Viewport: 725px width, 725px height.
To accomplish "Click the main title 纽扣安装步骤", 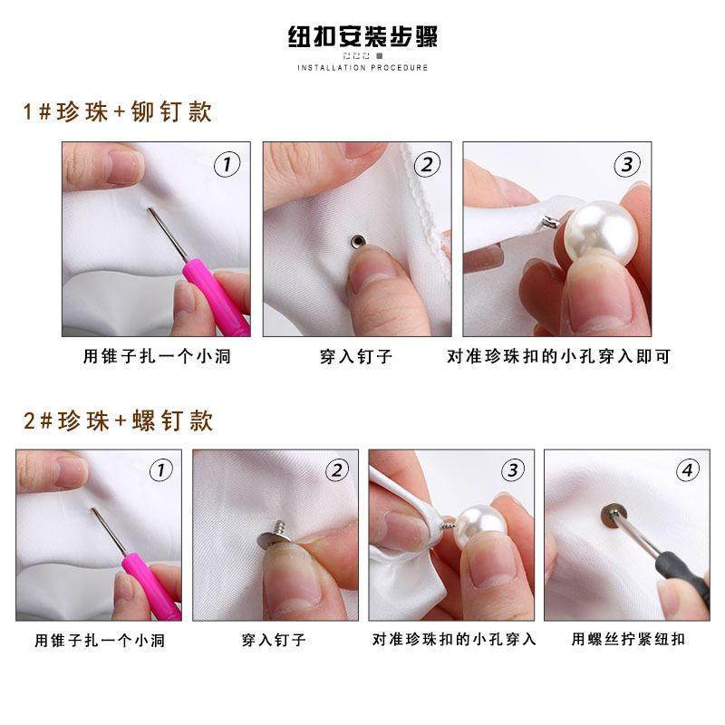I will pos(362,39).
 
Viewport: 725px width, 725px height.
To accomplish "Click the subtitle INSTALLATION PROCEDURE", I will pos(362,68).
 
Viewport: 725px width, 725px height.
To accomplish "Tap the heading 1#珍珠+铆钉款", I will pos(118,112).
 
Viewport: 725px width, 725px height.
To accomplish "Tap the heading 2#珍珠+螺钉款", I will pos(118,421).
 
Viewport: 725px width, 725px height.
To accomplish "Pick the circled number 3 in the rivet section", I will pos(627,164).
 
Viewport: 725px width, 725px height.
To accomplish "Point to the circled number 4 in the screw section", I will pos(688,470).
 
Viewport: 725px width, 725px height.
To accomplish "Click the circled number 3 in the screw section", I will pos(513,470).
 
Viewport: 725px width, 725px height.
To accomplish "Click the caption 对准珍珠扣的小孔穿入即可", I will pos(558,356).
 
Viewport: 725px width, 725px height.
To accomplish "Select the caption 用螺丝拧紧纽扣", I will pos(628,639).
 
